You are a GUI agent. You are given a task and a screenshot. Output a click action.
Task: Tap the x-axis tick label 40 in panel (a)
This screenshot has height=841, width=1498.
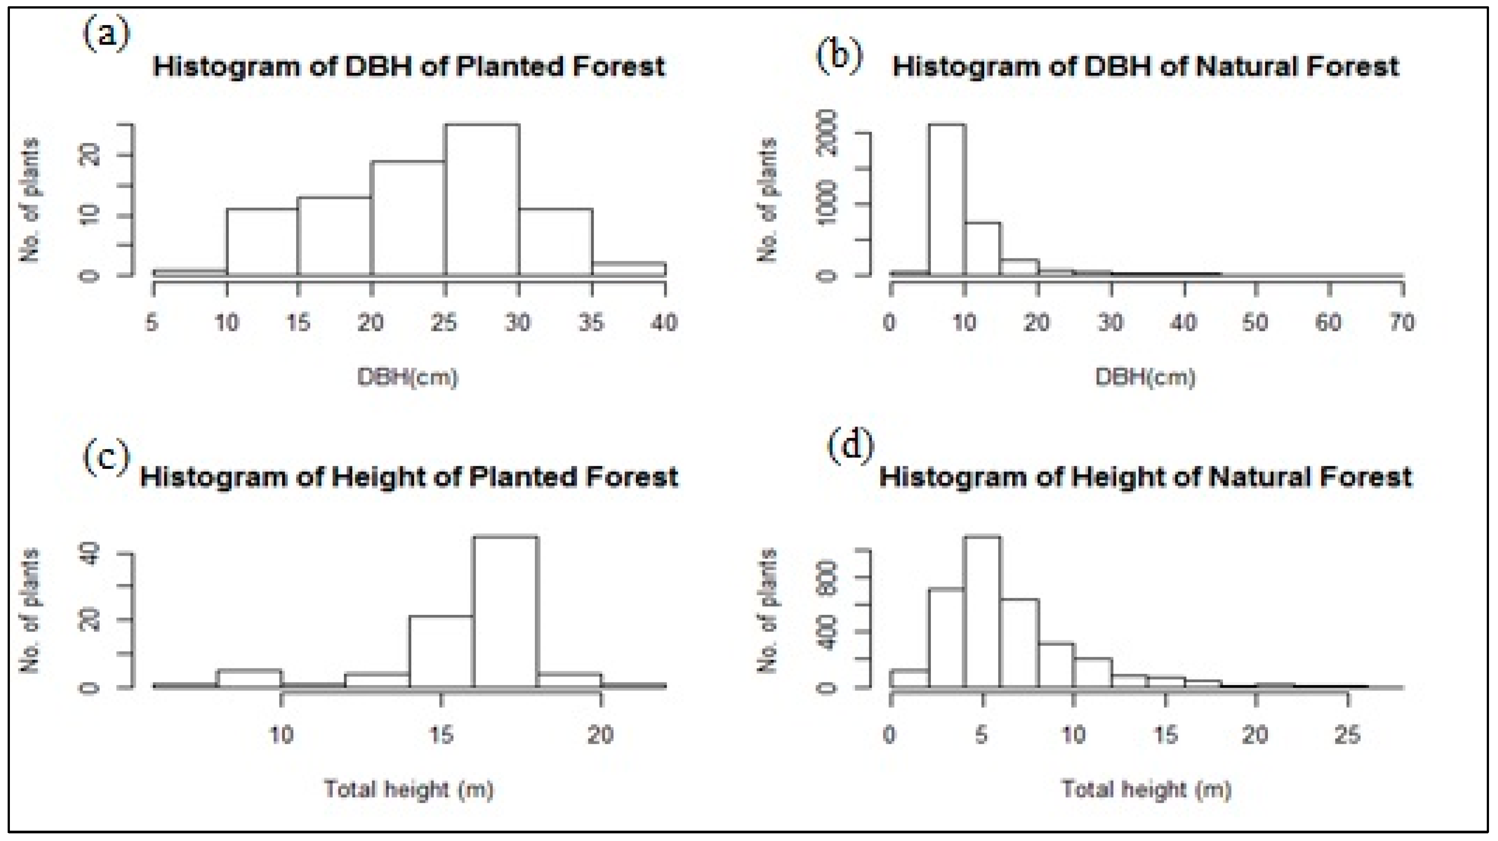point(664,322)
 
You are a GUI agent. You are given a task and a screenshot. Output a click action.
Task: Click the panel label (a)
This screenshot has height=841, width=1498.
point(107,36)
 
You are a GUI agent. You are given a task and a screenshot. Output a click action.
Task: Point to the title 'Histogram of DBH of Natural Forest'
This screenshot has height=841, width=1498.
point(1145,67)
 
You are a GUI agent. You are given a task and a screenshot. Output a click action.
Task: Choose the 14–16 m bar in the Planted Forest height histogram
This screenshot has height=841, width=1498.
point(441,651)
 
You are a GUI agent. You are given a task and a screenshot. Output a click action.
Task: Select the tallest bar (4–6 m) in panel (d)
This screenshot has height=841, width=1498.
point(983,611)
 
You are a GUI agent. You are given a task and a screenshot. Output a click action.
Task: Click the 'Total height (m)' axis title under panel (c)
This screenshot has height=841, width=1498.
point(409,789)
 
